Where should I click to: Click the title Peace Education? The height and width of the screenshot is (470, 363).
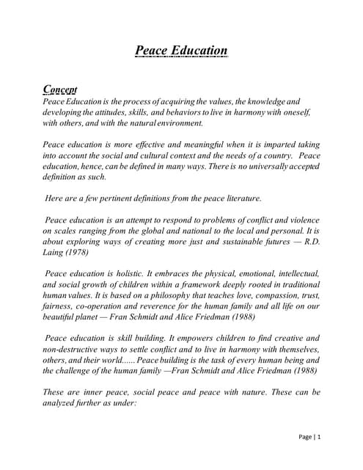tap(181, 50)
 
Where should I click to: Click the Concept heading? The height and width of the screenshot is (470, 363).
tap(60, 89)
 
